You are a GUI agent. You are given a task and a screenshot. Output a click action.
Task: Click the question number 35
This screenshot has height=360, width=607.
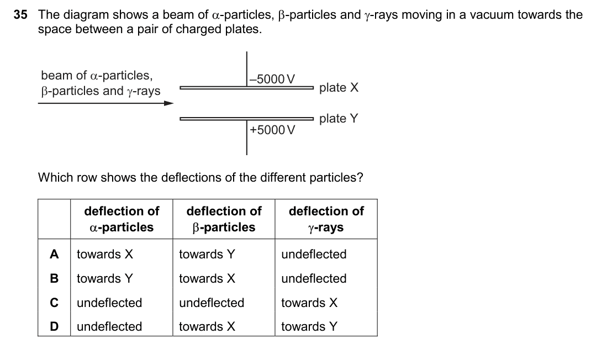click(x=20, y=15)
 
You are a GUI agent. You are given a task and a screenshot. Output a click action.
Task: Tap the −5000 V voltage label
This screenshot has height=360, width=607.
click(x=272, y=79)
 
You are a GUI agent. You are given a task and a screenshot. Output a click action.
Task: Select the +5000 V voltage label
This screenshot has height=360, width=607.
click(x=272, y=130)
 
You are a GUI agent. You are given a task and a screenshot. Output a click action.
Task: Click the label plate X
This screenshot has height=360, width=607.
click(x=339, y=87)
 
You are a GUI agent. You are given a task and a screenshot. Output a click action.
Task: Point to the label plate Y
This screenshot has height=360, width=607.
click(x=339, y=119)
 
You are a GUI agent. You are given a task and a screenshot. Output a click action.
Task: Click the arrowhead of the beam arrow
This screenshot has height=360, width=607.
click(x=169, y=103)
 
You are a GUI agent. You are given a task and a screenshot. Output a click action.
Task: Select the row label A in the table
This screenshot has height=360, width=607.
click(x=54, y=255)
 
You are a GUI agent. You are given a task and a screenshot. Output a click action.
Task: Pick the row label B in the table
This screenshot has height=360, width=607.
click(x=54, y=278)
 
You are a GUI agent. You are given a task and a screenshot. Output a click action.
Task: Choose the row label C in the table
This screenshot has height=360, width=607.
click(x=54, y=303)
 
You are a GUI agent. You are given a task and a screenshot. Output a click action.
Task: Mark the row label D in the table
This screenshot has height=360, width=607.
click(x=54, y=326)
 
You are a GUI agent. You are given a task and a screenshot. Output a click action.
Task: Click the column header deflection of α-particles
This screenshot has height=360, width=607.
click(x=122, y=219)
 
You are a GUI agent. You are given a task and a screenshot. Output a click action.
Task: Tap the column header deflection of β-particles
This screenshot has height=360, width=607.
click(x=224, y=219)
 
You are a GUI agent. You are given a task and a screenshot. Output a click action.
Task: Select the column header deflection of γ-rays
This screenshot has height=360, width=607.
click(x=326, y=219)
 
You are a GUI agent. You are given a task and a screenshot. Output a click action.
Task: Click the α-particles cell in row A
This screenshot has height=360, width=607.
click(x=105, y=255)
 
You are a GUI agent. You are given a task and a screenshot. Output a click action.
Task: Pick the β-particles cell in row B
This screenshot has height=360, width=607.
click(x=207, y=278)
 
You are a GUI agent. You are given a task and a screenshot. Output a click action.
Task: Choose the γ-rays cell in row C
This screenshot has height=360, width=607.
click(x=309, y=303)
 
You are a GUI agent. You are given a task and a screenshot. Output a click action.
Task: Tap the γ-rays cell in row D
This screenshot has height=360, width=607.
click(x=309, y=326)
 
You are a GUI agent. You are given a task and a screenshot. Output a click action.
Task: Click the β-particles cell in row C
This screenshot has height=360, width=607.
click(x=212, y=303)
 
